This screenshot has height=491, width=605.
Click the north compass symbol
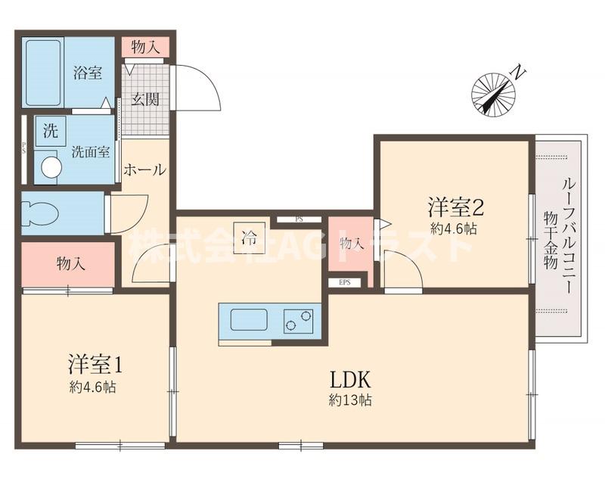coord(494,93)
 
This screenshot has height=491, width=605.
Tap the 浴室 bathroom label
coord(87,74)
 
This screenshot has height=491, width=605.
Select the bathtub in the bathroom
coord(43,73)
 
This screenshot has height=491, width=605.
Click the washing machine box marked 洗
coord(49,130)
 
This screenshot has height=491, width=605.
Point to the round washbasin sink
coord(51,167)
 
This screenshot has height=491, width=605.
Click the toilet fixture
coord(39,213)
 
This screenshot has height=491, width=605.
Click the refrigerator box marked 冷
coord(249,238)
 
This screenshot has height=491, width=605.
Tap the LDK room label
coord(349,379)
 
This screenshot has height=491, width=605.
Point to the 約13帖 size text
coord(349,401)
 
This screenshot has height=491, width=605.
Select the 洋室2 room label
coord(455,206)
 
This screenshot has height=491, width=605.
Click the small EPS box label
coord(345,283)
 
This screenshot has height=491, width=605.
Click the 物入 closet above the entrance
coord(144,47)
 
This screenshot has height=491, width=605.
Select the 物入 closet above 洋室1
coord(70,264)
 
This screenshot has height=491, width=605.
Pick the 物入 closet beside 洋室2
coord(349,243)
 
